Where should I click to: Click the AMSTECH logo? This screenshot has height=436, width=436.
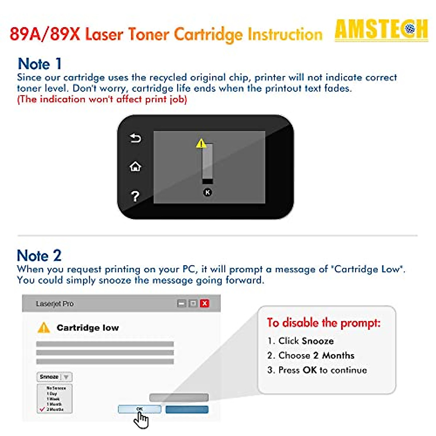pyautogui.click(x=381, y=30)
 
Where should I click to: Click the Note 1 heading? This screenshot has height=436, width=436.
pyautogui.click(x=40, y=64)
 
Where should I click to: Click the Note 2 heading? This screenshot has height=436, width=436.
pyautogui.click(x=39, y=256)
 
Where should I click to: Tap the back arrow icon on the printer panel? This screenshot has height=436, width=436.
pyautogui.click(x=135, y=138)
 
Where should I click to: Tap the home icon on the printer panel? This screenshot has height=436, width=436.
pyautogui.click(x=135, y=167)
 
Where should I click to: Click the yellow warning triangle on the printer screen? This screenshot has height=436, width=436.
pyautogui.click(x=201, y=144)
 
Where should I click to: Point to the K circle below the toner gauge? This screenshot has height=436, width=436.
pyautogui.click(x=207, y=192)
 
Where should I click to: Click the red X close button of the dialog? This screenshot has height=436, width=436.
pyautogui.click(x=205, y=303)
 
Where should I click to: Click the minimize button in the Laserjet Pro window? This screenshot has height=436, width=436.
pyautogui.click(x=182, y=303)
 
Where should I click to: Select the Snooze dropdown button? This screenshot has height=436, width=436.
pyautogui.click(x=54, y=377)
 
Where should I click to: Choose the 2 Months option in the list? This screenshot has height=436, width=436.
pyautogui.click(x=55, y=409)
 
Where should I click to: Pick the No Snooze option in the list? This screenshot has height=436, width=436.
pyautogui.click(x=56, y=388)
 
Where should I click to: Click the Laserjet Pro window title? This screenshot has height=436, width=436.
pyautogui.click(x=55, y=304)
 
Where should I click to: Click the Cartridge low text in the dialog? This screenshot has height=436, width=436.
pyautogui.click(x=88, y=328)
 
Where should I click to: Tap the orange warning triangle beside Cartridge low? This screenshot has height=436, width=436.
pyautogui.click(x=44, y=328)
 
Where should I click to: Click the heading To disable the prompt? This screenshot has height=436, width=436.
pyautogui.click(x=324, y=323)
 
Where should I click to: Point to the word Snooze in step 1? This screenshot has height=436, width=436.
pyautogui.click(x=318, y=341)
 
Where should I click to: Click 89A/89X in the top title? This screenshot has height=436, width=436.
pyautogui.click(x=45, y=35)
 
